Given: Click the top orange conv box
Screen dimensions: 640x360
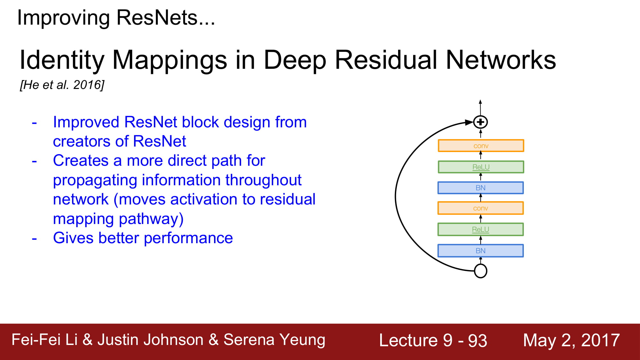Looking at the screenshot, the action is coord(481,146).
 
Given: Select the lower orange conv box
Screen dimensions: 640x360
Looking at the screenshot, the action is coord(480,208).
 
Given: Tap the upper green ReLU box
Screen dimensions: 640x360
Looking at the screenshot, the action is coord(481,167).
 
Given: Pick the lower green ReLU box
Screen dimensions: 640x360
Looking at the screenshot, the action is coord(480,229).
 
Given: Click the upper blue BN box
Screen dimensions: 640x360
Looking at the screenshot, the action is coord(480,188).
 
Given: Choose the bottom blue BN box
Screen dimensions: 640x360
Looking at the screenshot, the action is coord(480,251).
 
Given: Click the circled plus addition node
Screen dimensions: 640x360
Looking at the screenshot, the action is coord(480,122).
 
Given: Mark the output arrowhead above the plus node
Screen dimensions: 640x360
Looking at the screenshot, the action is coord(480,102).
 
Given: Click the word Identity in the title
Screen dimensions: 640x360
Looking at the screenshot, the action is coord(62,60).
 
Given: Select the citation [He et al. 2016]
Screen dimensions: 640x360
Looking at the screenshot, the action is coord(62,85).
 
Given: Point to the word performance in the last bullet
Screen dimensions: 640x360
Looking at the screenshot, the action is coord(188,238).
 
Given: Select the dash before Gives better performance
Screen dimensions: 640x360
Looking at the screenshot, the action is coord(35,239).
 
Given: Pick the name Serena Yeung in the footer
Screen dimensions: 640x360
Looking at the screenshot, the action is coord(274,340).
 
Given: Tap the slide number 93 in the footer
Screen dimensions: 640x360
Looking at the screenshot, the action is coord(477,340).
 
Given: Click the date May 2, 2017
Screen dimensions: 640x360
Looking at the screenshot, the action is coord(571,340).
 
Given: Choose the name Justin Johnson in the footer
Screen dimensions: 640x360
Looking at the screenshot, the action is coord(150,340).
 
